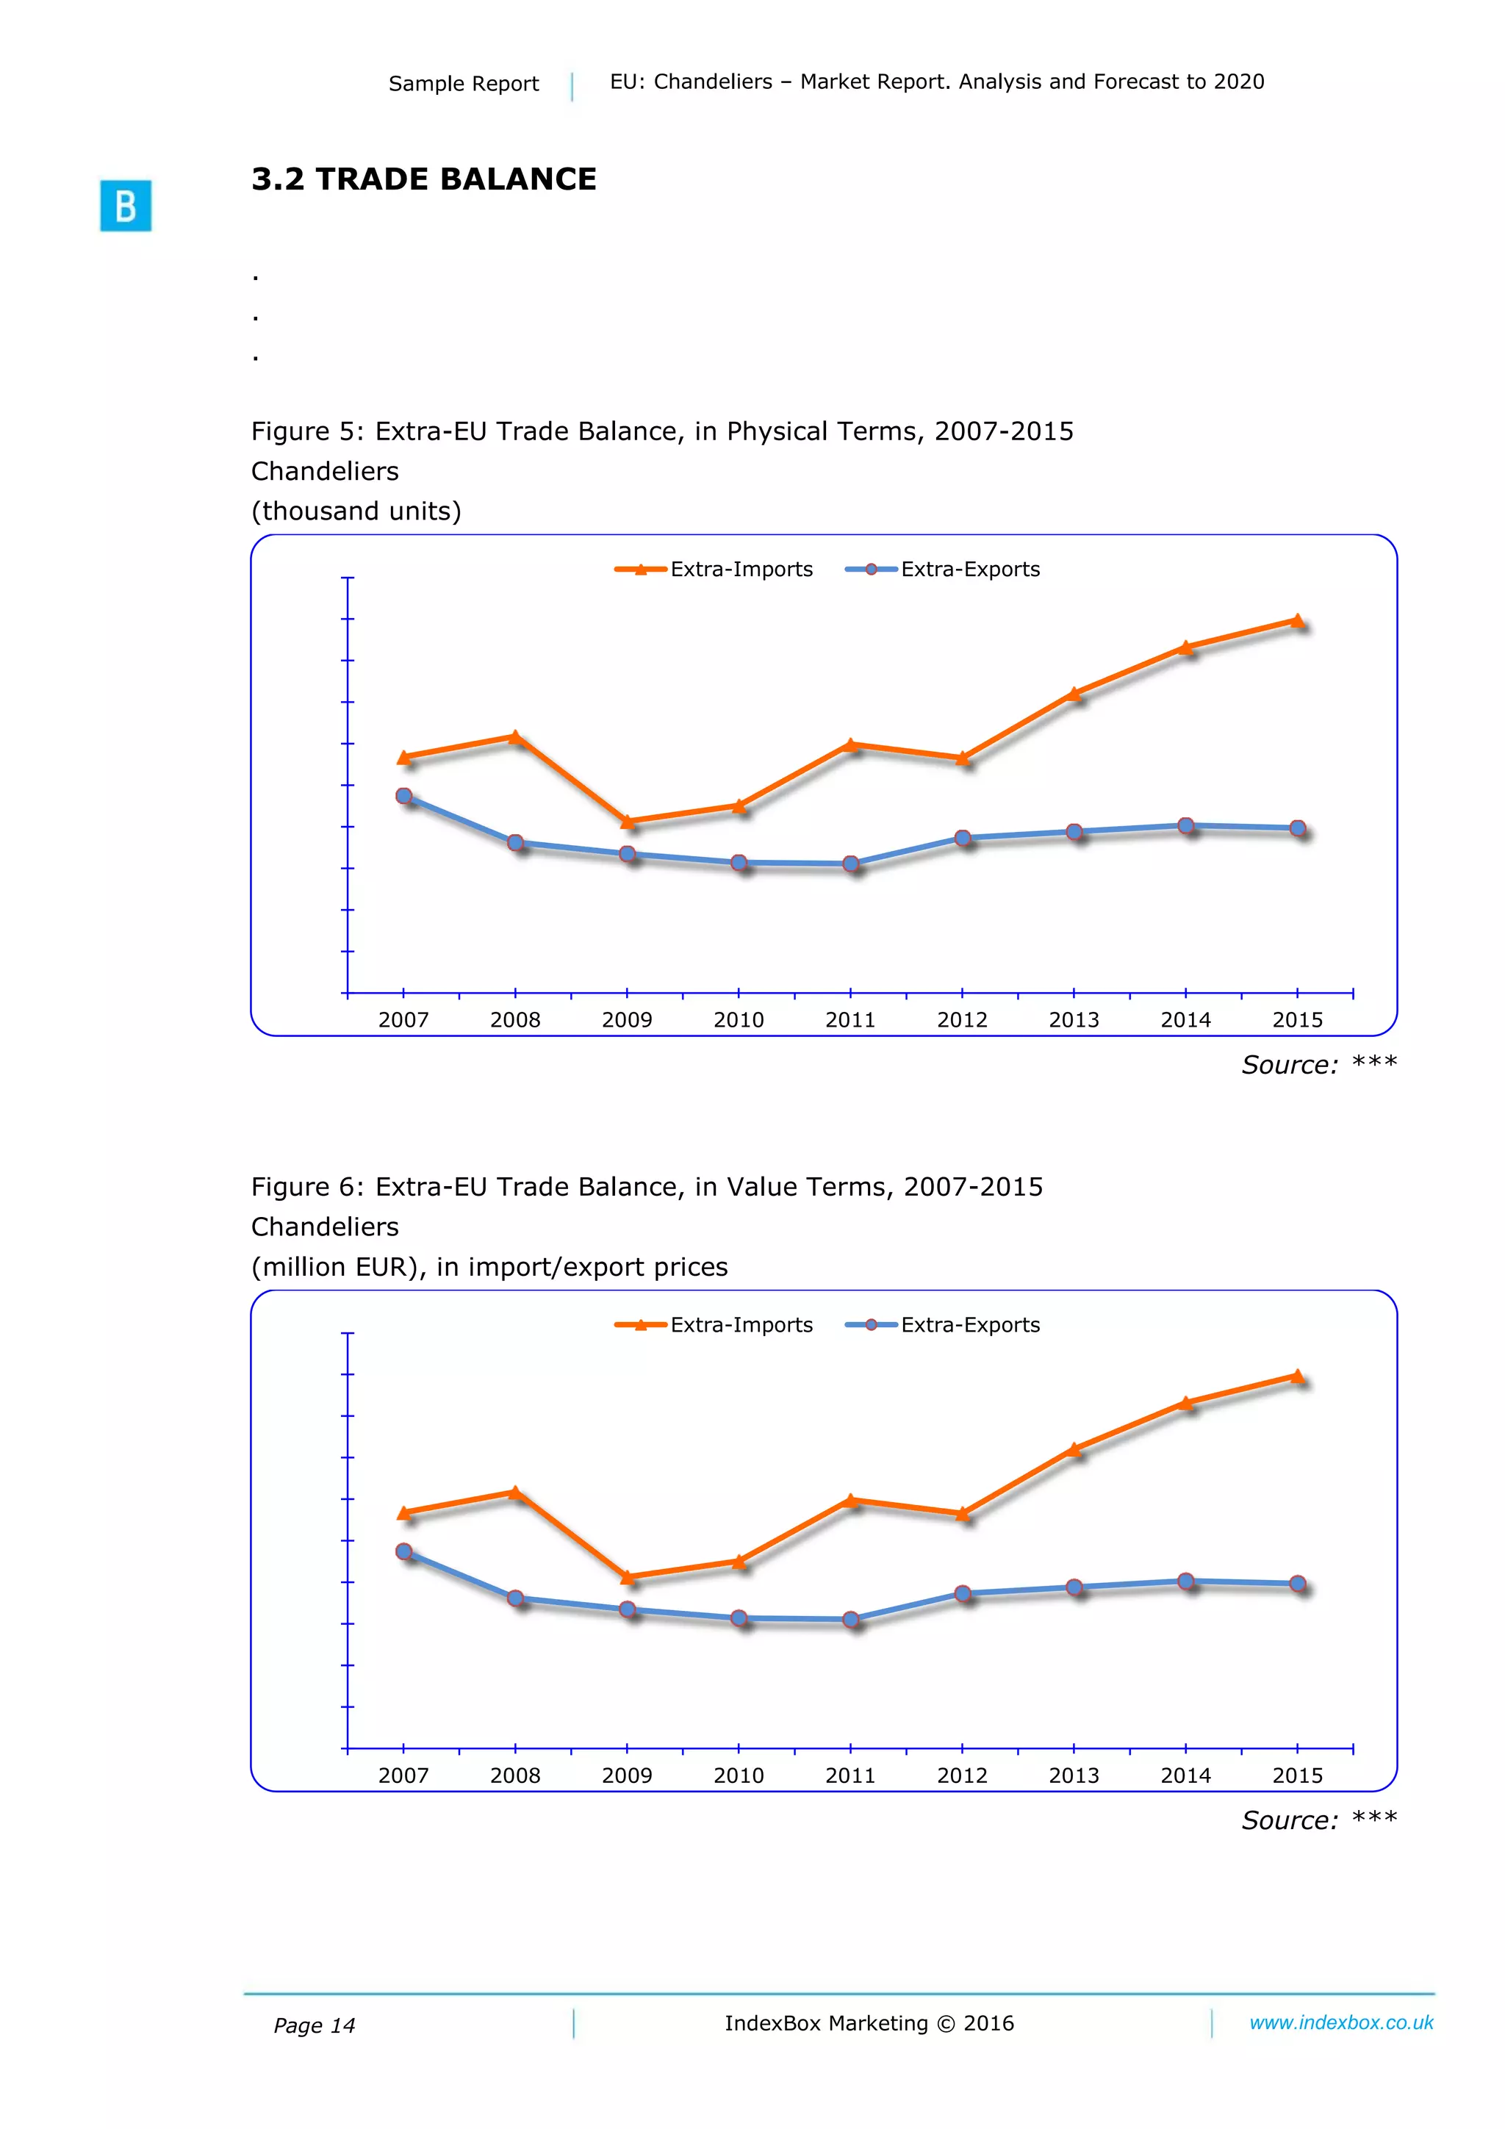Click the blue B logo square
(x=125, y=205)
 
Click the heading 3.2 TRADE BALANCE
(x=424, y=179)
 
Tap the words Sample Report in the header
(x=463, y=84)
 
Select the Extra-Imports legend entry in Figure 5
(x=714, y=570)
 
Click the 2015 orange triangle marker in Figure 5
(x=1297, y=620)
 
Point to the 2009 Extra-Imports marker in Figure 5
(x=627, y=821)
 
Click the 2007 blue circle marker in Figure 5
(x=403, y=796)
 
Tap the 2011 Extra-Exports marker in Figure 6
(x=850, y=1619)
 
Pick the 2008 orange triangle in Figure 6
(x=516, y=1492)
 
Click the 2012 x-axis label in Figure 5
(x=962, y=1020)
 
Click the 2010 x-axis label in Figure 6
(x=738, y=1776)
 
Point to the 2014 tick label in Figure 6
(x=1185, y=1776)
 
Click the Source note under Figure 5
(x=1318, y=1064)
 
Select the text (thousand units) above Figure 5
(x=356, y=511)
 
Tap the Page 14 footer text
(x=315, y=2025)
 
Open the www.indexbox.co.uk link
(x=1341, y=2022)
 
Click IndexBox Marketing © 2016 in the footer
(x=869, y=2023)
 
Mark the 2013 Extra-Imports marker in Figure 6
(x=1074, y=1448)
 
